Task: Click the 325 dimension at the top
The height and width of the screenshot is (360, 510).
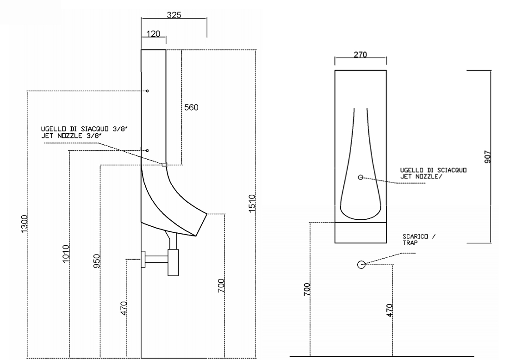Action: click(x=174, y=15)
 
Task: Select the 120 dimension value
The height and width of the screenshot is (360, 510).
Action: click(x=153, y=34)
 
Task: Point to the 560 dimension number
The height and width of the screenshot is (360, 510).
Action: click(x=191, y=107)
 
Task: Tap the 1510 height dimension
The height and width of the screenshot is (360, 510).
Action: click(x=252, y=204)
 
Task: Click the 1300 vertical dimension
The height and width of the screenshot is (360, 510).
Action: click(x=25, y=224)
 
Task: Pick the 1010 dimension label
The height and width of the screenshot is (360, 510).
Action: click(x=66, y=254)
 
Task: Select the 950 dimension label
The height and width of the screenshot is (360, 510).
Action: click(x=97, y=261)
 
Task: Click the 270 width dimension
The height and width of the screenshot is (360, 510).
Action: click(x=360, y=55)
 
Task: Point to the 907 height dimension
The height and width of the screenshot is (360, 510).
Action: click(x=488, y=157)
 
